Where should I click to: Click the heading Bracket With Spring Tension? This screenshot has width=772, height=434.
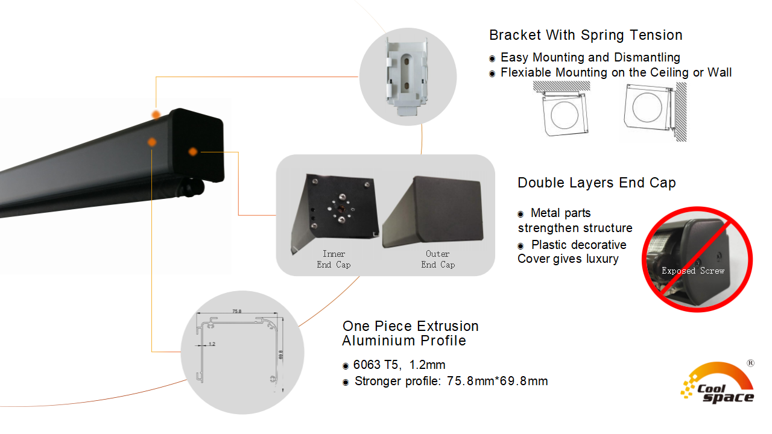[x=586, y=35]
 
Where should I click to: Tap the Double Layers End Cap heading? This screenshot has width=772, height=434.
[x=596, y=183]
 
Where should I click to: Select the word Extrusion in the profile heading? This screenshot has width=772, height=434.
[x=446, y=326]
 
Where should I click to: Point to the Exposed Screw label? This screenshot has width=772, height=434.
[x=693, y=271]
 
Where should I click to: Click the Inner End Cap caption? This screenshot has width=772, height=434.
[x=334, y=259]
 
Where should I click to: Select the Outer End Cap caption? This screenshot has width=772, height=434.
[x=438, y=259]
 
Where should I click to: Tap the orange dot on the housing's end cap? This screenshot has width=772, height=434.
[x=192, y=151]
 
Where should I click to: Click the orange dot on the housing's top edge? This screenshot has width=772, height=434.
[x=156, y=115]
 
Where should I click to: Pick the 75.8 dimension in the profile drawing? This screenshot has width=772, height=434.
[x=237, y=312]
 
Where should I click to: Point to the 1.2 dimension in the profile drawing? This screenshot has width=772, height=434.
[x=211, y=344]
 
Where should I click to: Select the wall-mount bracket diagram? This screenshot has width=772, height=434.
[x=654, y=112]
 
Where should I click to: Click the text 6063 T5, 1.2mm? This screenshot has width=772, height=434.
[x=399, y=365]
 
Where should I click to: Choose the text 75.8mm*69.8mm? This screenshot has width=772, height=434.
[x=497, y=381]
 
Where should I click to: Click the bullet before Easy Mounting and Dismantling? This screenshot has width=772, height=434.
[x=492, y=58]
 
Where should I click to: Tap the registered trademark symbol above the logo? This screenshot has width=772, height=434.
[x=750, y=363]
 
